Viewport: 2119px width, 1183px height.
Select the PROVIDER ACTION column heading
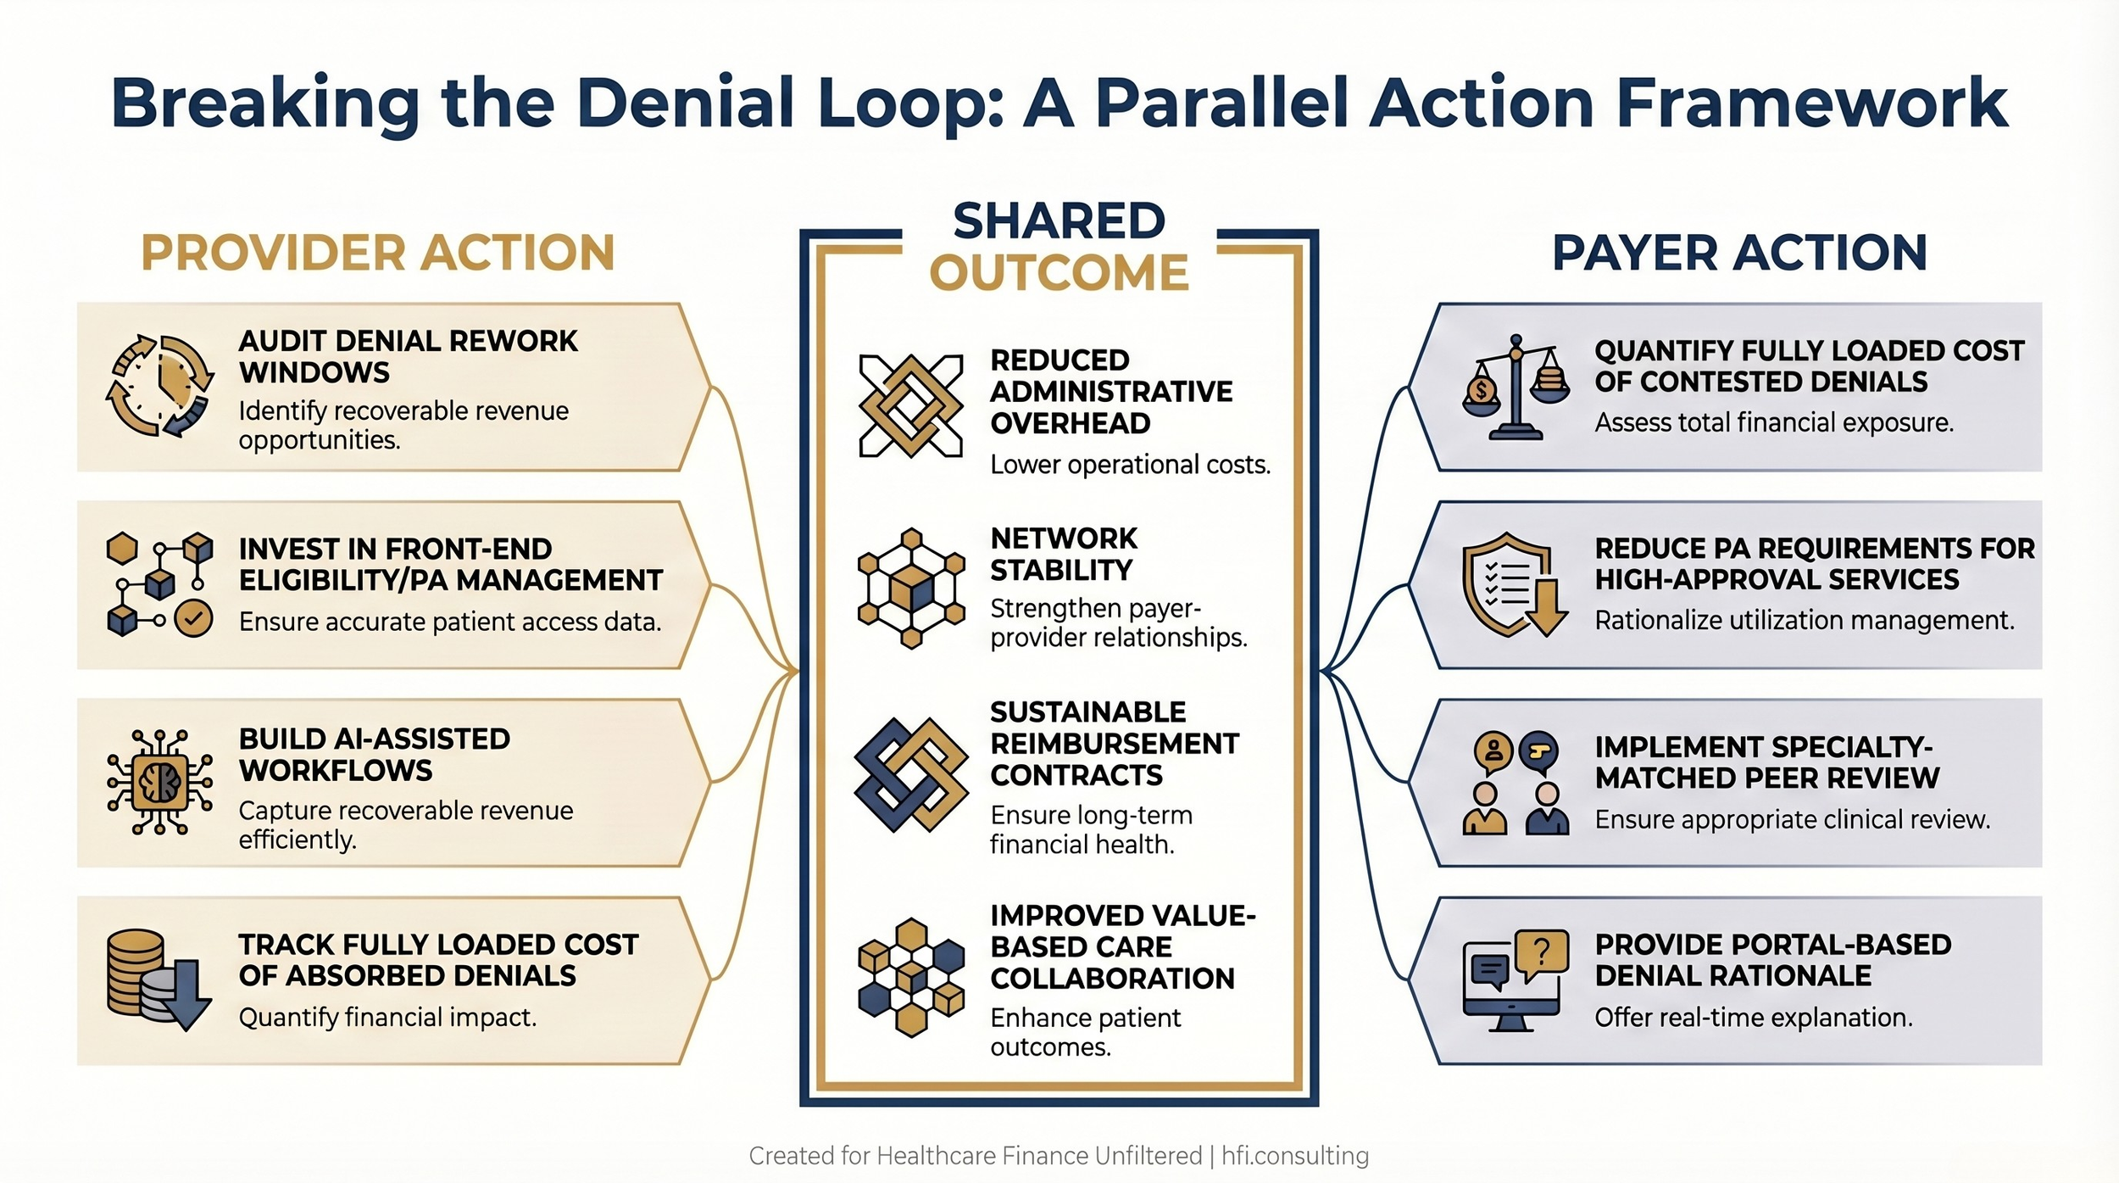coord(377,253)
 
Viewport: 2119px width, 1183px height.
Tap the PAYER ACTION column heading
coord(1739,253)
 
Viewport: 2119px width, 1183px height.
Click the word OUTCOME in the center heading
coord(1059,273)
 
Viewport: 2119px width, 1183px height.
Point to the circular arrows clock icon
coord(159,386)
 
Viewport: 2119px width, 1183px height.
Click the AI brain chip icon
coord(159,782)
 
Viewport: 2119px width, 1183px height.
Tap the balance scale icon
coord(1516,387)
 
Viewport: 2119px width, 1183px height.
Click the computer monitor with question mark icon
coord(1515,980)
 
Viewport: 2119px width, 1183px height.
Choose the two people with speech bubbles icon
coord(1515,783)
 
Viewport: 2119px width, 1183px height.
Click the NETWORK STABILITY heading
coord(1064,554)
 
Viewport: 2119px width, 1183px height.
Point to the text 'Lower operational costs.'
coord(1130,465)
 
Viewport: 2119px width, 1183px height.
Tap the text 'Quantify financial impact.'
coord(387,1017)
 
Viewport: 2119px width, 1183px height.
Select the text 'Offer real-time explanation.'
coord(1753,1017)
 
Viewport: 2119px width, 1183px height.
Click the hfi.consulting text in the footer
coord(1294,1155)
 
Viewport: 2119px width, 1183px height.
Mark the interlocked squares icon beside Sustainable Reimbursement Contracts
coord(910,774)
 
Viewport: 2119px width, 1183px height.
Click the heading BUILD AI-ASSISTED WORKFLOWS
coord(374,754)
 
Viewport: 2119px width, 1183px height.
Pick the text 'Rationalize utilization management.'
coord(1804,620)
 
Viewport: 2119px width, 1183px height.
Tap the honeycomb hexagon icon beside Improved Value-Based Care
coord(910,977)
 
